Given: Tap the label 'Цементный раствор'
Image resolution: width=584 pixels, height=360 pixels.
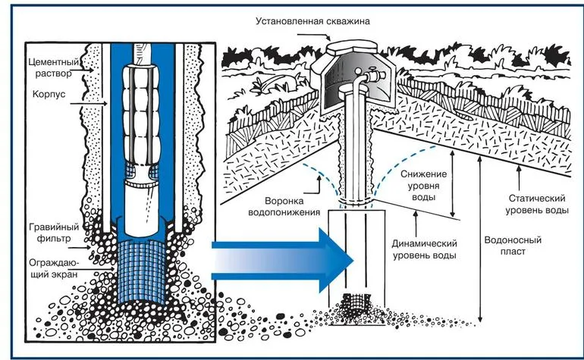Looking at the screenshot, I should tap(48, 66).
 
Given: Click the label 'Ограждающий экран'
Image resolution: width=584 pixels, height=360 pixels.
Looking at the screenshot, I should tap(48, 269).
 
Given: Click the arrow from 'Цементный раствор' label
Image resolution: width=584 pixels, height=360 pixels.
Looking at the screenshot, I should tap(89, 72).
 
